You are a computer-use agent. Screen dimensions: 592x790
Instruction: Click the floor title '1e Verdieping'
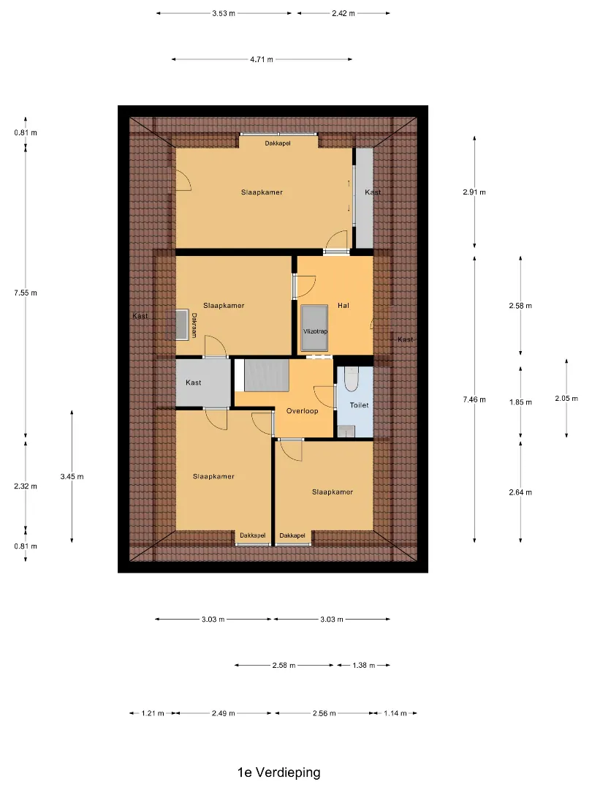279,772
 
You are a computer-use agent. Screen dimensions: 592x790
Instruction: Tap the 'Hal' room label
344,305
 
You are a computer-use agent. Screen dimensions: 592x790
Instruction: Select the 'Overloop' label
302,410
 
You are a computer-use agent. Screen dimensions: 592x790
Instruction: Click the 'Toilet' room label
360,405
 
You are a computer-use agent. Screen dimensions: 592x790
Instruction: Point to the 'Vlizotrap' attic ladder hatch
314,328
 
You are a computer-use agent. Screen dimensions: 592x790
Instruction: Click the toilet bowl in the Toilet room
351,379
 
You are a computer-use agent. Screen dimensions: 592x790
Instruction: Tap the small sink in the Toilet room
346,432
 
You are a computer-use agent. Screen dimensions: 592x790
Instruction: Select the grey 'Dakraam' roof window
182,325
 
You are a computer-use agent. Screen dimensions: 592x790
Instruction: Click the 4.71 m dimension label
262,59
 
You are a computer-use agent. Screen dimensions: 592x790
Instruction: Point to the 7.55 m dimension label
26,293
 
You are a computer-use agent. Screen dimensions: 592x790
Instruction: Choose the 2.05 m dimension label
566,399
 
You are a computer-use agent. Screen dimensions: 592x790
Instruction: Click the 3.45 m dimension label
72,477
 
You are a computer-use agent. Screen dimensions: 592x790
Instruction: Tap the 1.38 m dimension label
363,666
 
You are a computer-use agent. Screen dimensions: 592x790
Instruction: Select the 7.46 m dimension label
474,400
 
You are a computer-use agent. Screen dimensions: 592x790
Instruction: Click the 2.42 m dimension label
344,14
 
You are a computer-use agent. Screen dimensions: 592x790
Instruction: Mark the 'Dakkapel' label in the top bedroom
278,143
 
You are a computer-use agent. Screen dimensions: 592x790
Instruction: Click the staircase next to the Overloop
266,375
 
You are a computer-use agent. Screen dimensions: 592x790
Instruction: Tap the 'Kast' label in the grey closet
193,383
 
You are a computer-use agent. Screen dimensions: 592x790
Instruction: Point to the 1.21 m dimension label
153,713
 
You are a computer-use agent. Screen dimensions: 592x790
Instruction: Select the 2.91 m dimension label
474,192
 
